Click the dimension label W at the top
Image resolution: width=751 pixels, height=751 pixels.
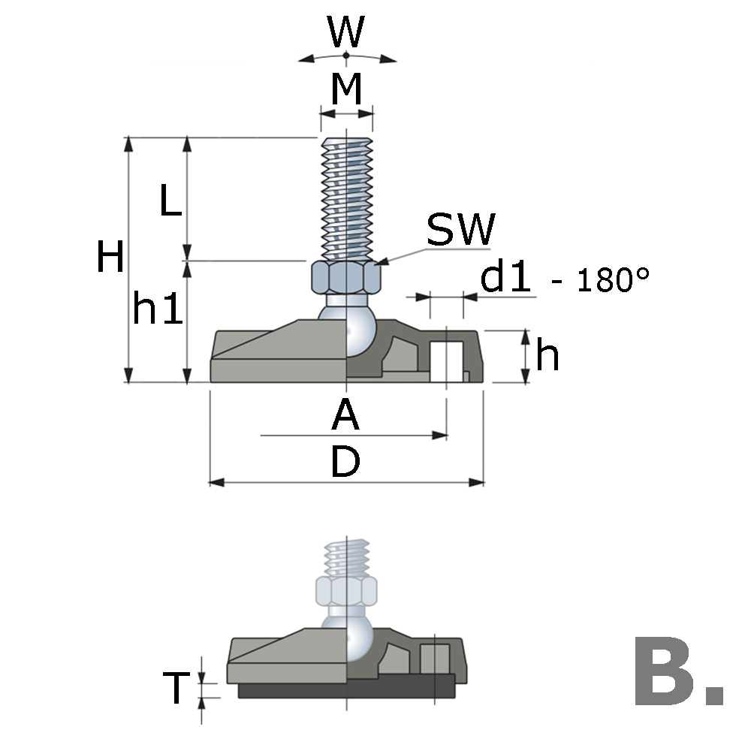point(345,32)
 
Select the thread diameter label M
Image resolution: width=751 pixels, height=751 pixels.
point(346,90)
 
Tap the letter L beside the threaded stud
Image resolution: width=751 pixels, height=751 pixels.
point(170,201)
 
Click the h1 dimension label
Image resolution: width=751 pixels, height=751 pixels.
point(157,309)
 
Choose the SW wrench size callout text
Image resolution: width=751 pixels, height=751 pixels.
point(461,231)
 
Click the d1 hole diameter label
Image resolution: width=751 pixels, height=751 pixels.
point(506,278)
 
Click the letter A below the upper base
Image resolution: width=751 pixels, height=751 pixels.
point(345,415)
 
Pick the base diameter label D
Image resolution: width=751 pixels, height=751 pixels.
point(345,464)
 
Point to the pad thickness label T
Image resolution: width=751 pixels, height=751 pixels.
point(176,689)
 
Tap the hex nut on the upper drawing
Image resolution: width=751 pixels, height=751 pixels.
point(345,277)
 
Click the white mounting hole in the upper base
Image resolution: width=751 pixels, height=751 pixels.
point(446,361)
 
